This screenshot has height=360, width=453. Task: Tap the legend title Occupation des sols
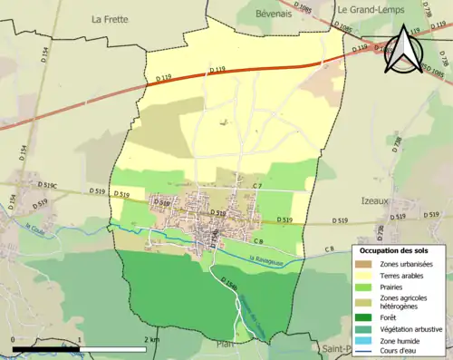[400, 249]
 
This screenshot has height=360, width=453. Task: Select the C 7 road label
[257, 186]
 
